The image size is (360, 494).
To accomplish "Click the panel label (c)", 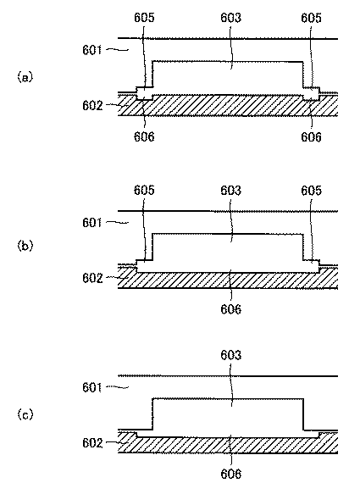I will point(25,414).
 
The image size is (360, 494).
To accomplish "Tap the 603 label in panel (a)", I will point(230,16).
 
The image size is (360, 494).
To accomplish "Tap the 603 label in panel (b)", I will point(230,191).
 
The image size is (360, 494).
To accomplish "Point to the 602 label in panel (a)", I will point(94,105).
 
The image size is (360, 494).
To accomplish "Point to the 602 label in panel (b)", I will point(94,277).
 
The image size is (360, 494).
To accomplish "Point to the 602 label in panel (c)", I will point(94,442).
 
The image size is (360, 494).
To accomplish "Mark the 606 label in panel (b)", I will point(230,309).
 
